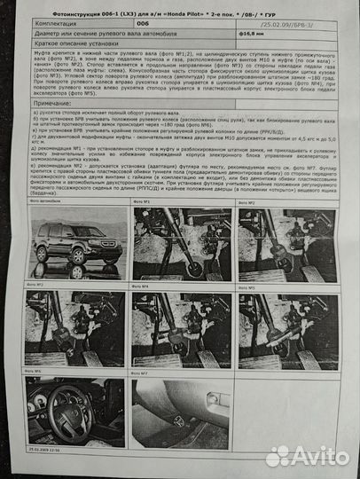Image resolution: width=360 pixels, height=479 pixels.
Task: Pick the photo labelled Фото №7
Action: [x=181, y=413]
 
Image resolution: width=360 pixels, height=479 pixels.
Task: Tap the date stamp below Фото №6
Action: [x=49, y=452]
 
